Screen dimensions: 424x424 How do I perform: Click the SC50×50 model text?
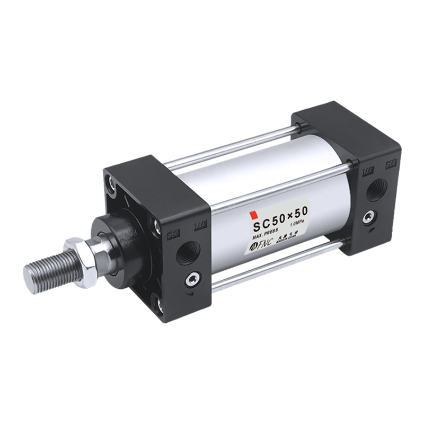(279, 217)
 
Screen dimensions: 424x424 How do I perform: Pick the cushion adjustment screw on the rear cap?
(367, 217)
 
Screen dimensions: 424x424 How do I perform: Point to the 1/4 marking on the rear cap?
(366, 171)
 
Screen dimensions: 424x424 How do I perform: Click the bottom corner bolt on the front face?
(157, 303)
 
